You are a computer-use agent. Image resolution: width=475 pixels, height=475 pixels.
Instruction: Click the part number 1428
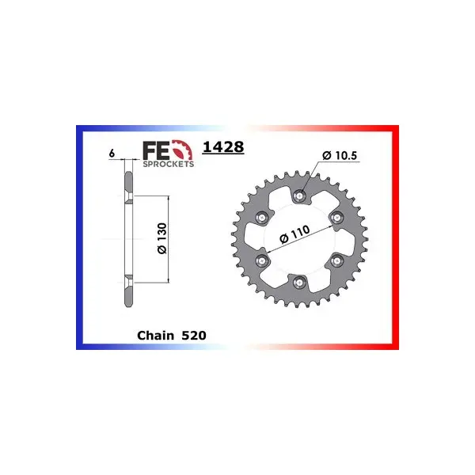tap(223, 147)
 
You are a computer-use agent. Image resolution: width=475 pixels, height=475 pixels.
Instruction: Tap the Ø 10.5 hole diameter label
tap(340, 155)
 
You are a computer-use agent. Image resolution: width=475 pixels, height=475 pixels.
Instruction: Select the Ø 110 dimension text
tap(294, 234)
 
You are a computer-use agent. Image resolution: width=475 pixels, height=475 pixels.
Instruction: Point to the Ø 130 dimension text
tap(162, 238)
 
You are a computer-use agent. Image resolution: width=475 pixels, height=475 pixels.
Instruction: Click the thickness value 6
tap(112, 154)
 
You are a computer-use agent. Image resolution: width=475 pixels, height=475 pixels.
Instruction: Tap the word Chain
tap(156, 336)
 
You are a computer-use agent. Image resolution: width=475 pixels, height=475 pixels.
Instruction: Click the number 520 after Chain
tap(194, 336)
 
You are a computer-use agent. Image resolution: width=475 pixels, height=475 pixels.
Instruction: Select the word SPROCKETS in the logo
tap(169, 164)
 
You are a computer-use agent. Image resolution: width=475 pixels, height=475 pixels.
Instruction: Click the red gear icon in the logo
tap(182, 150)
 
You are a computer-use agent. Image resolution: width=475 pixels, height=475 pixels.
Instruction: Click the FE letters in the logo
tap(156, 150)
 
